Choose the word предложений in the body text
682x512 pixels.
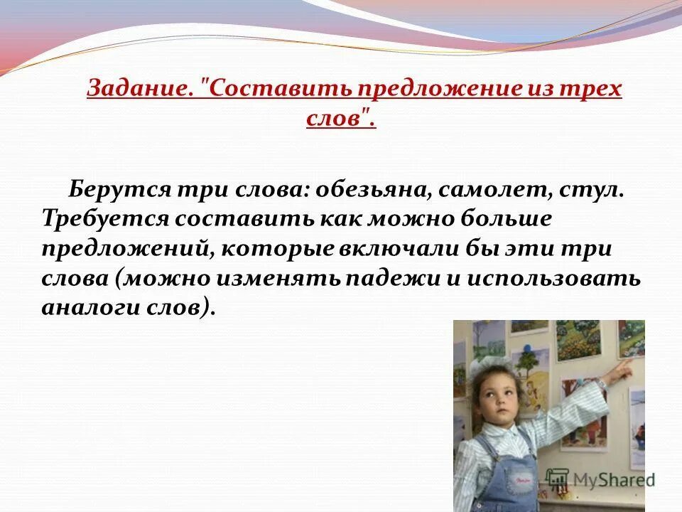[x=128, y=248]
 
